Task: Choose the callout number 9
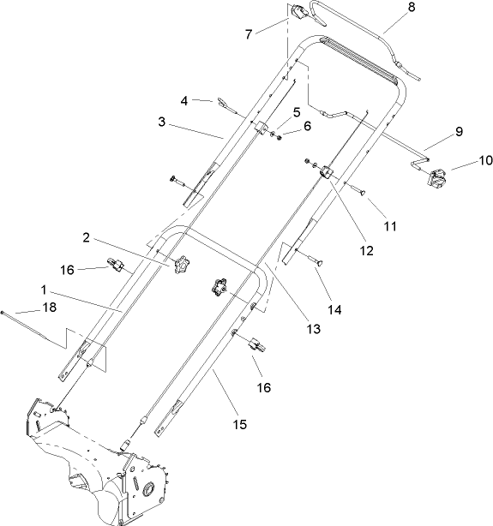coord(459,132)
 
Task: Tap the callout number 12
coord(368,250)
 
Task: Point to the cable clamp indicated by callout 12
coord(327,174)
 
